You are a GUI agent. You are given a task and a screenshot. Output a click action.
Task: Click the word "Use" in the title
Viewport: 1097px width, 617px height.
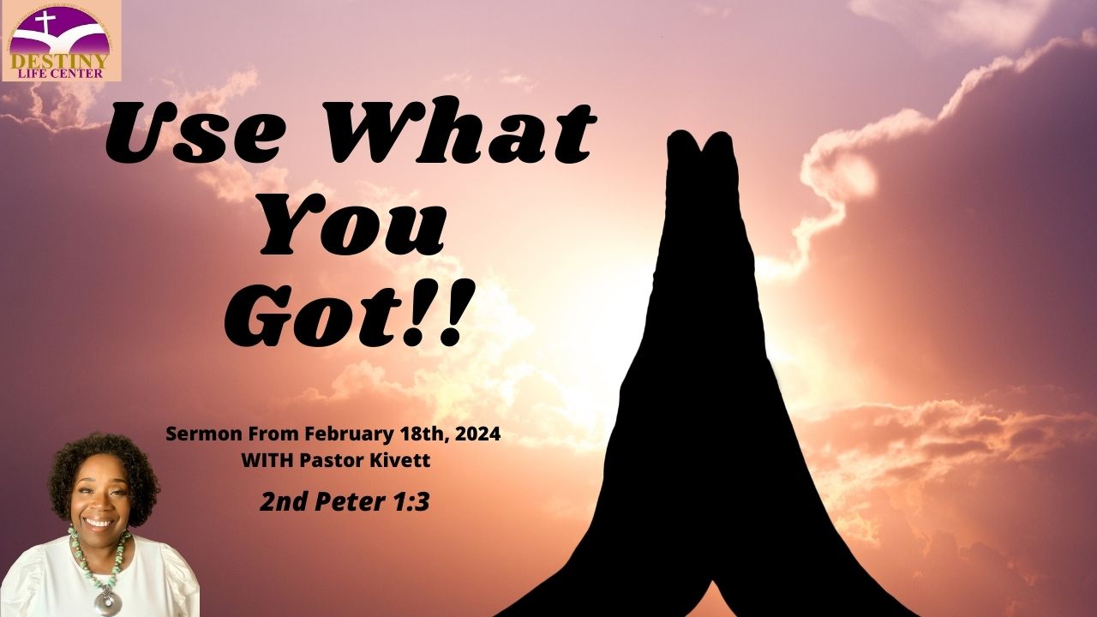197,129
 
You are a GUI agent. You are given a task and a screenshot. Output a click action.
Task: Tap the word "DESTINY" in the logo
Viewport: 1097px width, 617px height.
59,61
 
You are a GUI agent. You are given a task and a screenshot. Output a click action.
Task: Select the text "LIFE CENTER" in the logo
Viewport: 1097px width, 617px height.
61,74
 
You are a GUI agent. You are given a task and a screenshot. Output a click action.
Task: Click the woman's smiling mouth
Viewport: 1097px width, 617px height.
99,523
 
